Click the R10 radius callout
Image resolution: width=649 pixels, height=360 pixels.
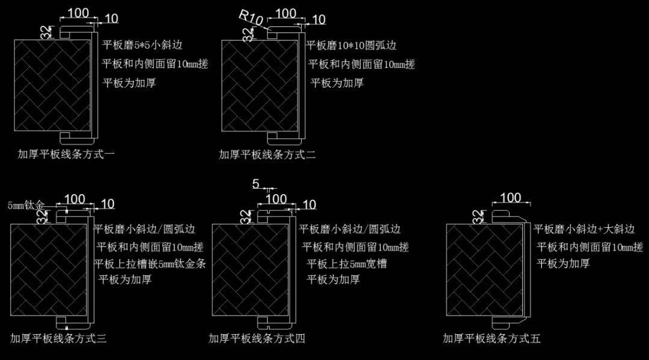coord(251,17)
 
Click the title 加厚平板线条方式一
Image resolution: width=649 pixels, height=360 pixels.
coord(66,154)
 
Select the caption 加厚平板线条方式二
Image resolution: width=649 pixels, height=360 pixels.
coord(267,155)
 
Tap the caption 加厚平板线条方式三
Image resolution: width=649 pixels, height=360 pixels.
coord(58,338)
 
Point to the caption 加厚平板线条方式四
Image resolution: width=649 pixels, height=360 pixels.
coord(257,338)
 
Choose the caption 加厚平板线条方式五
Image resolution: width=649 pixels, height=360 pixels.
coord(492,338)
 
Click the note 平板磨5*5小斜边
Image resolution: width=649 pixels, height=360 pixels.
coord(142,44)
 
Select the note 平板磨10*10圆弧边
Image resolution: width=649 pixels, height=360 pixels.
coord(352,45)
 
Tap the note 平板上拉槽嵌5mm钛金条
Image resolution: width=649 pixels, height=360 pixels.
coord(150,264)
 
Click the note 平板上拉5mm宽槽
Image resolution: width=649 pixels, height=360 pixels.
coord(347,264)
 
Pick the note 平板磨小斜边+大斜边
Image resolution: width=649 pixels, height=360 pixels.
coord(584,229)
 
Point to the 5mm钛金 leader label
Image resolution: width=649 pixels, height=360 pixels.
coord(26,205)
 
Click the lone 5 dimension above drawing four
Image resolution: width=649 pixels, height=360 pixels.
coord(256,183)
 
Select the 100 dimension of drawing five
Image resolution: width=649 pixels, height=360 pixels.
coord(510,197)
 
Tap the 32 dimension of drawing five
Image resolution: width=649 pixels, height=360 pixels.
coord(477,217)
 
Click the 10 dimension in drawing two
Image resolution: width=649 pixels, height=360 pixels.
coord(318,19)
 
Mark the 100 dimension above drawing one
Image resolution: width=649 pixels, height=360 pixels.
coord(78,13)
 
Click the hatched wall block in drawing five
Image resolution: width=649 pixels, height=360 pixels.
coord(484,270)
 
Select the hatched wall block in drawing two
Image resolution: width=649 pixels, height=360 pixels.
coord(260,86)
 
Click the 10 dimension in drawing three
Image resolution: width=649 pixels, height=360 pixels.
coord(108,204)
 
